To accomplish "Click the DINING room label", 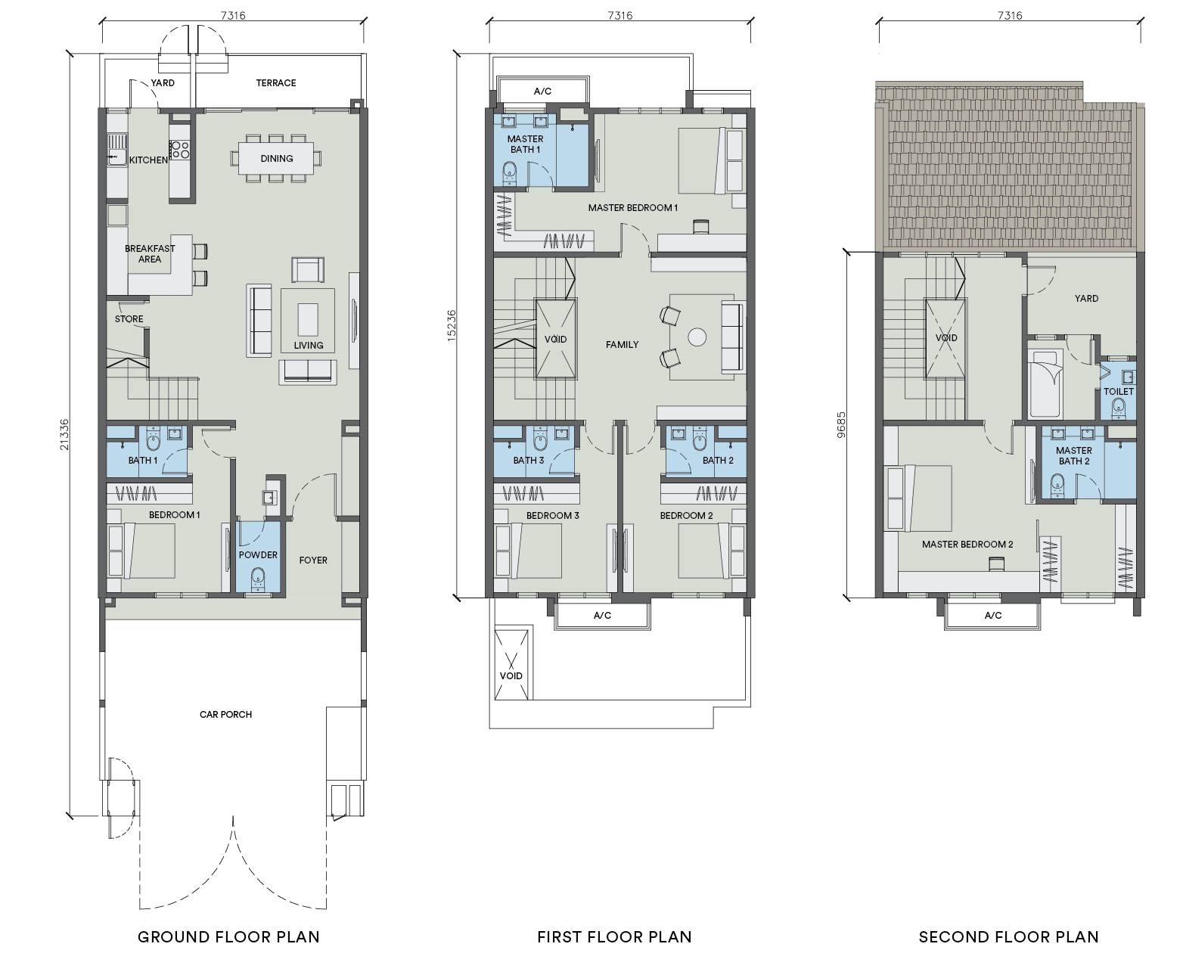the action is click(277, 159).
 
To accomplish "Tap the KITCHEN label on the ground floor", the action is click(148, 160).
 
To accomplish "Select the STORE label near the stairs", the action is click(129, 319).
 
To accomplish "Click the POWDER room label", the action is click(258, 554).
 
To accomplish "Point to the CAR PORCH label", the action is click(225, 715).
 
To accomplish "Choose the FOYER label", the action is click(313, 560).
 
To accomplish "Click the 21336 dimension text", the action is click(64, 435).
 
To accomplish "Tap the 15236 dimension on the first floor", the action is click(452, 325).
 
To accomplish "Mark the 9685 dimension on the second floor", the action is click(841, 424).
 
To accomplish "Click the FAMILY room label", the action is click(622, 344).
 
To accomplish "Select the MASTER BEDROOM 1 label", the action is click(633, 208).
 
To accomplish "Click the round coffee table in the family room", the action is click(697, 337).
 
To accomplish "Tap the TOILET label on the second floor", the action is click(1119, 392).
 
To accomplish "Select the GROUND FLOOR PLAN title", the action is click(229, 936).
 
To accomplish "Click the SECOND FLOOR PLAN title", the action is click(1008, 936).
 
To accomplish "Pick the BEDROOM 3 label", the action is click(552, 516).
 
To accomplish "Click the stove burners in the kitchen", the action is click(180, 150).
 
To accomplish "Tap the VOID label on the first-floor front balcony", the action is click(511, 676).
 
